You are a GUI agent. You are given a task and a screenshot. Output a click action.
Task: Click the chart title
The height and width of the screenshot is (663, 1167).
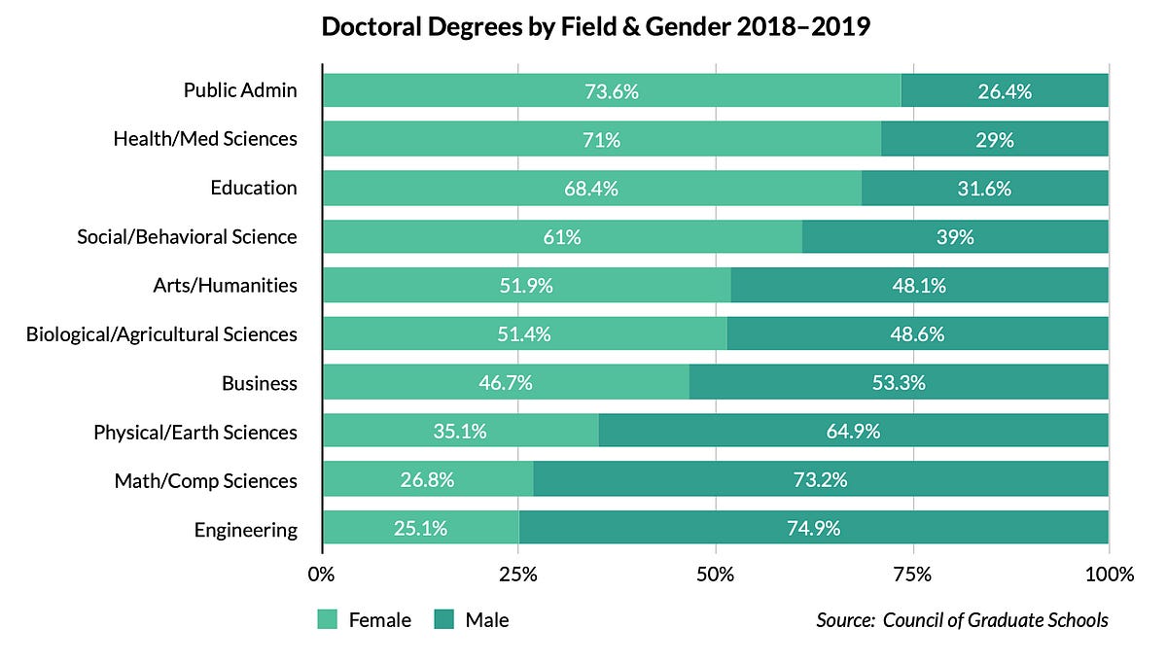point(595,28)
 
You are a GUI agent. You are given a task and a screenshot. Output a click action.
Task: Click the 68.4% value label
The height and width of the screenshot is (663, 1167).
point(591,189)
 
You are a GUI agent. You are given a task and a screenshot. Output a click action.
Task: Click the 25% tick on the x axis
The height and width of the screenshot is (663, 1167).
point(518,574)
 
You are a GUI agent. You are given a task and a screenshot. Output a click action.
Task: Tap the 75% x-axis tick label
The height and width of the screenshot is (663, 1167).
point(912,574)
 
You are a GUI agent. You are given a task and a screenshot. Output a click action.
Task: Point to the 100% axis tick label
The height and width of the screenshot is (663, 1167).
point(1109,574)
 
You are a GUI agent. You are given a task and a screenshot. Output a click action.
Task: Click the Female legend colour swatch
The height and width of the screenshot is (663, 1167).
point(327,619)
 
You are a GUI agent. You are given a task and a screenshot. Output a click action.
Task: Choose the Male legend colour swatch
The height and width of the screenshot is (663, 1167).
point(443,619)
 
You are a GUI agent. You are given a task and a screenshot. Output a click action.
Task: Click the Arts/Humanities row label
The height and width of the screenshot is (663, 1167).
point(225,286)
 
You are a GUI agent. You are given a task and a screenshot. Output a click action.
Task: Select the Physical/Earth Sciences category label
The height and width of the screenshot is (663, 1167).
point(194,432)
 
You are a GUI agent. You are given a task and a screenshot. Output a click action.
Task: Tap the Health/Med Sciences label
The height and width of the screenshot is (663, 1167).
point(204,139)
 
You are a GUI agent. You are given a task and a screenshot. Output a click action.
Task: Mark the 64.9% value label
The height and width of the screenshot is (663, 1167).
point(853,432)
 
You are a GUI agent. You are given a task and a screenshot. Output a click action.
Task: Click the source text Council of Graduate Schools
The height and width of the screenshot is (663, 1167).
point(995,619)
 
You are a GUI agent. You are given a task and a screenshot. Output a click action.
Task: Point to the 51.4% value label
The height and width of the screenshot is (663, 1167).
point(523,334)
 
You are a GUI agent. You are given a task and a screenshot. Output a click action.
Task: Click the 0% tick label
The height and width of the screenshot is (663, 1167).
point(321,574)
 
